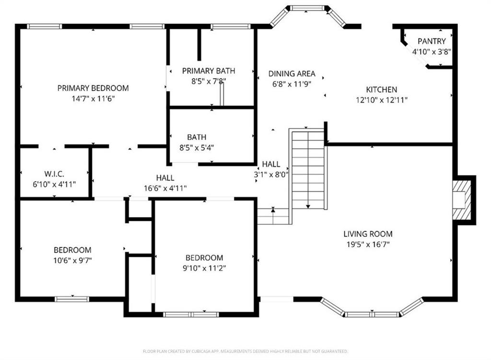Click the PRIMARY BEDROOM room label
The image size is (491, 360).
pyautogui.click(x=93, y=88)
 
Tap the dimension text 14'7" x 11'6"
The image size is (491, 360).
pyautogui.click(x=93, y=99)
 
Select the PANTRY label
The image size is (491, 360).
pyautogui.click(x=432, y=41)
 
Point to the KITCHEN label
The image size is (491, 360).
pyautogui.click(x=382, y=90)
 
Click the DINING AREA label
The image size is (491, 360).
pyautogui.click(x=292, y=73)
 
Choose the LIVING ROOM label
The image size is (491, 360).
pyautogui.click(x=368, y=234)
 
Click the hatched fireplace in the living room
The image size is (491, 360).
pyautogui.click(x=462, y=200)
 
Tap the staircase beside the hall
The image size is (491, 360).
pyautogui.click(x=308, y=168)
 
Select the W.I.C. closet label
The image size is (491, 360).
pyautogui.click(x=54, y=174)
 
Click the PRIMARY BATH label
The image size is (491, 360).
pyautogui.click(x=209, y=71)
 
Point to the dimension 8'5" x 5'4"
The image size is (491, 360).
pyautogui.click(x=197, y=148)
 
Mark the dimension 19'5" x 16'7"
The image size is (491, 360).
pyautogui.click(x=368, y=244)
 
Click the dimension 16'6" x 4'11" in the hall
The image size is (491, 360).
pyautogui.click(x=165, y=188)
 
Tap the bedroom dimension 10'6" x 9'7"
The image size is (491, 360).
pyautogui.click(x=72, y=260)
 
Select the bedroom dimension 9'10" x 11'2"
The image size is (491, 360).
pyautogui.click(x=204, y=268)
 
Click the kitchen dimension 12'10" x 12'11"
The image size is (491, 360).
pyautogui.click(x=382, y=100)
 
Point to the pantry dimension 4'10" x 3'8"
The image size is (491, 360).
pyautogui.click(x=432, y=51)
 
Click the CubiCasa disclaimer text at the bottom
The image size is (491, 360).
pyautogui.click(x=245, y=351)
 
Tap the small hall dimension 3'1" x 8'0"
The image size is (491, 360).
pyautogui.click(x=271, y=174)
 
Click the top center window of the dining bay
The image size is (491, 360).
pyautogui.click(x=307, y=8)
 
